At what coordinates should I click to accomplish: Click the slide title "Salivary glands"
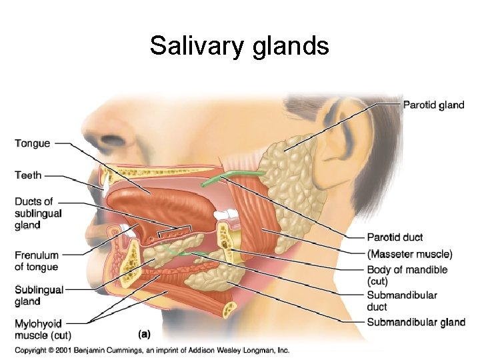(x=239, y=46)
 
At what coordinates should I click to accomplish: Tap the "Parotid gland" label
(x=433, y=105)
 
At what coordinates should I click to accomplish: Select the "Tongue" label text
(x=32, y=143)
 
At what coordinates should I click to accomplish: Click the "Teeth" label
(x=28, y=175)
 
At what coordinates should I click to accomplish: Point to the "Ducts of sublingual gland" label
(x=38, y=213)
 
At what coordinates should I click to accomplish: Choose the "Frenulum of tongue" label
(x=37, y=261)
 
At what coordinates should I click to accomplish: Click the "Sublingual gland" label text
(x=39, y=295)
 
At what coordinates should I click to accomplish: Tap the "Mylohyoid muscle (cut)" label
(x=43, y=329)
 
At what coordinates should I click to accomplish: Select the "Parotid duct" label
(x=395, y=237)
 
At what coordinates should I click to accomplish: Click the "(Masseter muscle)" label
(x=409, y=254)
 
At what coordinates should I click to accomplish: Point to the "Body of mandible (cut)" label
(x=407, y=275)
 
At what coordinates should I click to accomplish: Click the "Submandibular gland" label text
(x=416, y=323)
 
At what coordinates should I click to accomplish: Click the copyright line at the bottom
(x=152, y=349)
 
